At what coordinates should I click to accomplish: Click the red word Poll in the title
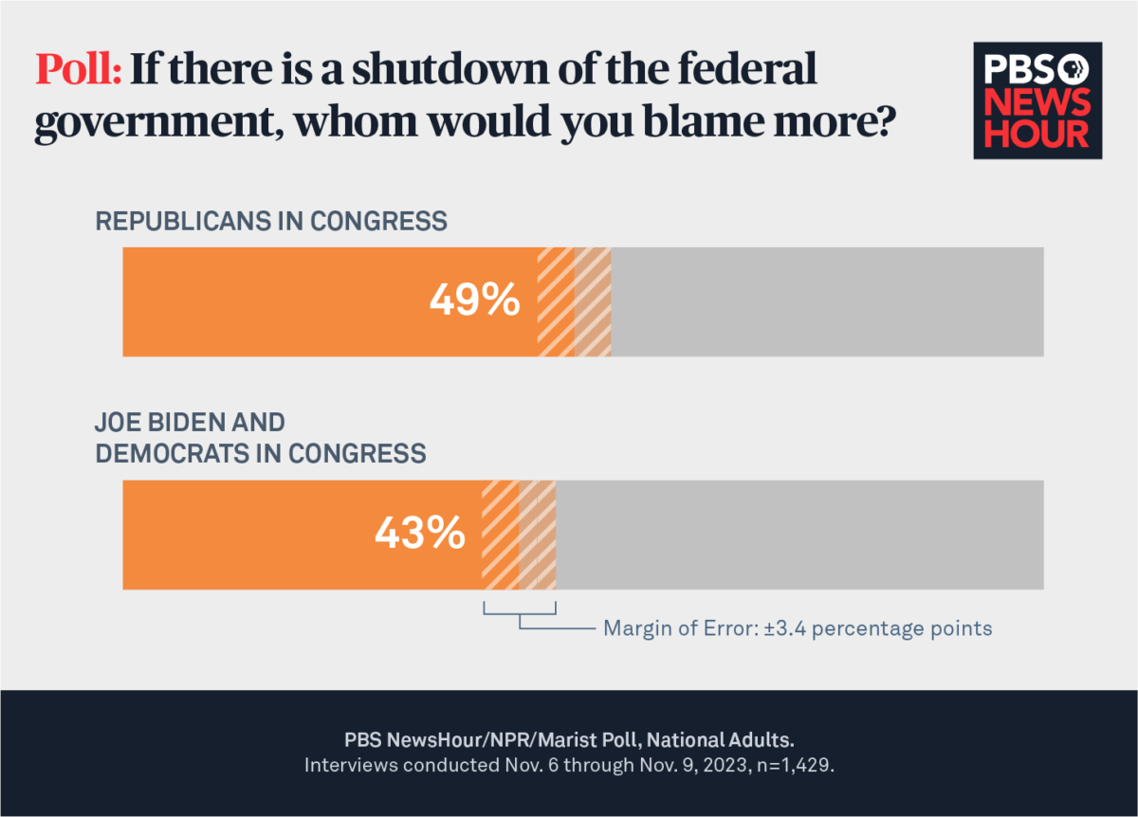point(78,70)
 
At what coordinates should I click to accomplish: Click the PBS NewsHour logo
point(1037,100)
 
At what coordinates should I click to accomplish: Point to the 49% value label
point(474,301)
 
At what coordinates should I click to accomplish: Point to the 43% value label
point(420,535)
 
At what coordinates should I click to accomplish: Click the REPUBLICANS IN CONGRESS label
point(270,222)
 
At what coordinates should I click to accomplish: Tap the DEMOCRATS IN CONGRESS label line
point(260,454)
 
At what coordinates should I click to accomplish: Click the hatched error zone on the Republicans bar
point(575,301)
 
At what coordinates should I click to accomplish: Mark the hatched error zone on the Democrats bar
point(520,535)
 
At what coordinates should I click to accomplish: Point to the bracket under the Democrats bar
point(520,613)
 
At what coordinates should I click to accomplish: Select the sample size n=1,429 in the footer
point(793,765)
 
